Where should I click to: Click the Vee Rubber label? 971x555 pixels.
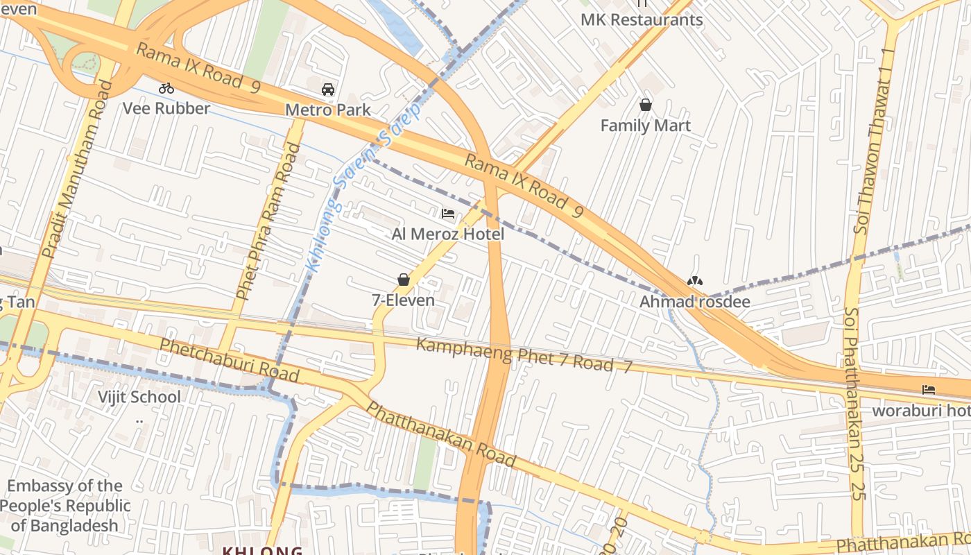pyautogui.click(x=166, y=108)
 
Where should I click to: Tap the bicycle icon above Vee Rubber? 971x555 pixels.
pyautogui.click(x=166, y=88)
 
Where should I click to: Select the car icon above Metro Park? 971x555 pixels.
pyautogui.click(x=328, y=89)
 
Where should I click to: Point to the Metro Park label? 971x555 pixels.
pyautogui.click(x=328, y=110)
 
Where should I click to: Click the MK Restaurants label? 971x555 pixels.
pyautogui.click(x=642, y=19)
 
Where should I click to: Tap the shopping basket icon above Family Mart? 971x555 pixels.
pyautogui.click(x=646, y=105)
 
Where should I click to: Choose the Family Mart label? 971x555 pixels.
pyautogui.click(x=646, y=126)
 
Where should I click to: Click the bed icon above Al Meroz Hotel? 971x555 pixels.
pyautogui.click(x=448, y=214)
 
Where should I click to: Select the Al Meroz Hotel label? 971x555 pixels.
pyautogui.click(x=448, y=234)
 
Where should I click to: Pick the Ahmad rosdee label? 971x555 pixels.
pyautogui.click(x=694, y=302)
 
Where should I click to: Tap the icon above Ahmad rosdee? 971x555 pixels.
pyautogui.click(x=694, y=281)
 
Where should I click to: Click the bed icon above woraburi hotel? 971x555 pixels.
pyautogui.click(x=929, y=390)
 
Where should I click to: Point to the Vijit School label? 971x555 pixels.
pyautogui.click(x=139, y=397)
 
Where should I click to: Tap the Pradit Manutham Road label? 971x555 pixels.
pyautogui.click(x=76, y=170)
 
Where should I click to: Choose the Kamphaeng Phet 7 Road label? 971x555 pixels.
pyautogui.click(x=524, y=356)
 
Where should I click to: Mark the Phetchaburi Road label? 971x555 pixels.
pyautogui.click(x=229, y=360)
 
